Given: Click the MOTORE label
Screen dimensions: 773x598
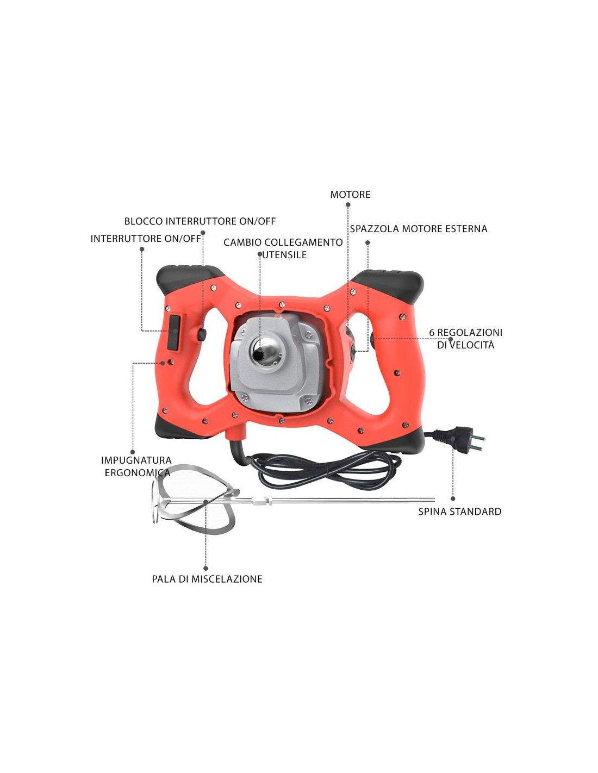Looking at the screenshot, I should tap(350, 195).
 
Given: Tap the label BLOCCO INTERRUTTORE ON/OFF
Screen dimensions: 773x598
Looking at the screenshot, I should tap(200, 221).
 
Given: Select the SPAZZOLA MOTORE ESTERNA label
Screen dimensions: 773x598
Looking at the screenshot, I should tap(419, 229).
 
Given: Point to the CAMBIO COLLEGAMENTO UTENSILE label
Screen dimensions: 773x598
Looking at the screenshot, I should tap(283, 248).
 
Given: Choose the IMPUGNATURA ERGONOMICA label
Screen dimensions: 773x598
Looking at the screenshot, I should tap(136, 466).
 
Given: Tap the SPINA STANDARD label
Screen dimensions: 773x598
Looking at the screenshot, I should tap(460, 512).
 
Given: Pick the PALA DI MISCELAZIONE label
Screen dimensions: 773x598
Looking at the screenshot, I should tap(207, 579).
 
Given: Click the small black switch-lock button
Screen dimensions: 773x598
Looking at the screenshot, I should tap(202, 334).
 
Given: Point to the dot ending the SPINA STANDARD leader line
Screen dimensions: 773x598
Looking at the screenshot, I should tap(453, 498).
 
